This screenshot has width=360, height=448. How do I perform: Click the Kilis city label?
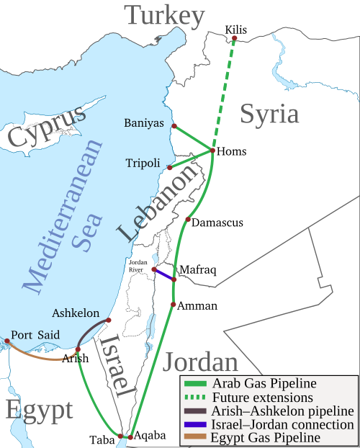click(x=235, y=29)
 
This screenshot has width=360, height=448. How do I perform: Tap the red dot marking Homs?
click(x=211, y=151)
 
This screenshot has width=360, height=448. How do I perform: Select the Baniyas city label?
click(x=144, y=122)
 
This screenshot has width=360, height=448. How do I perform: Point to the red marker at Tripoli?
click(x=169, y=167)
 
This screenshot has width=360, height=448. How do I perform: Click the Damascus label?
click(x=219, y=223)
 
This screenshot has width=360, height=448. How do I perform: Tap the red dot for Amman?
click(x=173, y=305)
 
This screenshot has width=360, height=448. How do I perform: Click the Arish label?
click(x=76, y=358)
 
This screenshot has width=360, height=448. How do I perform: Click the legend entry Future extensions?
click(x=262, y=397)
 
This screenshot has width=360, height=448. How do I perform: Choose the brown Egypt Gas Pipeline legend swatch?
click(x=194, y=437)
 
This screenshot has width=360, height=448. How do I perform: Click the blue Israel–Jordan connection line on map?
click(x=165, y=274)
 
